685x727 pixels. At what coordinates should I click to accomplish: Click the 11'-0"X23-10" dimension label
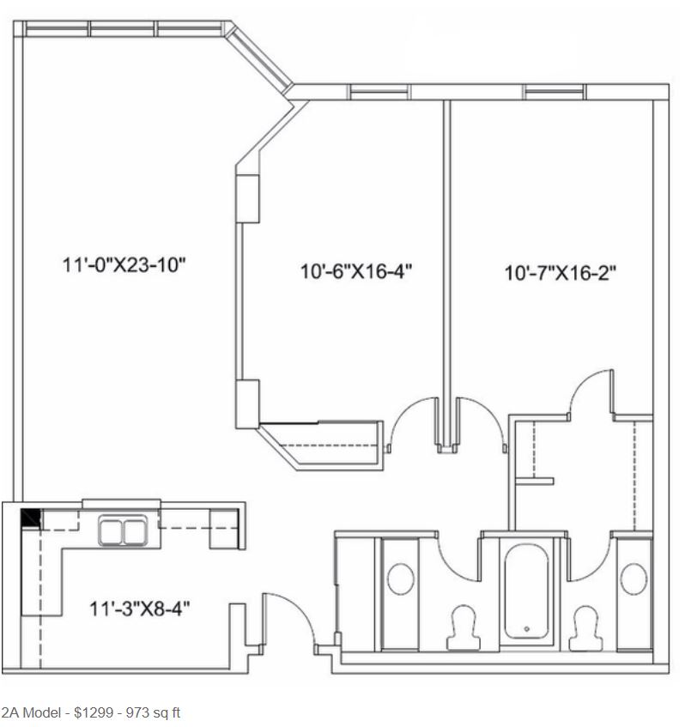tap(124, 265)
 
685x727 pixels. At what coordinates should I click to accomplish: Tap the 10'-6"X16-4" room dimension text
tap(356, 271)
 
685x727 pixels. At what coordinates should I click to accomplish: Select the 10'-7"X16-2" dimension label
tap(561, 273)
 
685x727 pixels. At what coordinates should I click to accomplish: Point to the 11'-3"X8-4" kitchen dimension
tap(140, 609)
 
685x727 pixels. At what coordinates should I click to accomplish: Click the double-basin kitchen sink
tap(123, 530)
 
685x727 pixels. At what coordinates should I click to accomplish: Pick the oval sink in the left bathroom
tap(401, 579)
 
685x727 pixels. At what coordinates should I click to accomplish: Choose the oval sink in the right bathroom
tap(633, 579)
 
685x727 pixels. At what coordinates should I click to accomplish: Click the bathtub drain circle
tap(527, 629)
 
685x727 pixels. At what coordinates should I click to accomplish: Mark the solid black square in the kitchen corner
tap(31, 518)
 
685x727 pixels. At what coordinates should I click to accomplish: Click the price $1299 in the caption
tap(94, 712)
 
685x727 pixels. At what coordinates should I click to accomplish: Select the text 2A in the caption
tap(9, 712)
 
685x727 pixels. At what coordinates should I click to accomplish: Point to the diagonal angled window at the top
tap(260, 57)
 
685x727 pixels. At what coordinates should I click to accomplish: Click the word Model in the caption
tap(42, 712)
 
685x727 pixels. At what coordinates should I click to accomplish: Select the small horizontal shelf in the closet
tap(535, 482)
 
